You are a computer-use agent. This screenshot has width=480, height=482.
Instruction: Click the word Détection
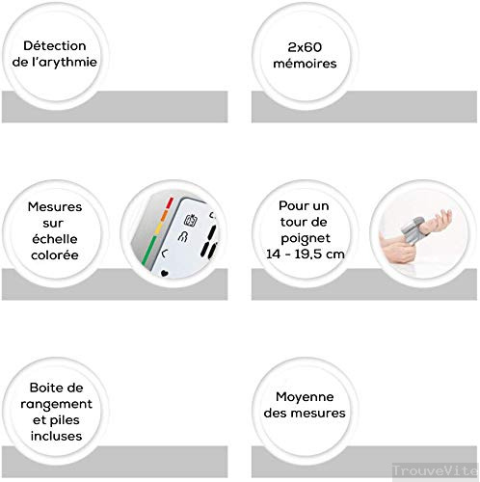click(55, 45)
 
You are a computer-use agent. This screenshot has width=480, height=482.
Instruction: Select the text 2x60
click(305, 47)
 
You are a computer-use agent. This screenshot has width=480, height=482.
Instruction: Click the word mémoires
click(305, 64)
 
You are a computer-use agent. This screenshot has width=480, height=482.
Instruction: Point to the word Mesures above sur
click(55, 206)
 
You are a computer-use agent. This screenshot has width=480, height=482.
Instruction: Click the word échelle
click(55, 239)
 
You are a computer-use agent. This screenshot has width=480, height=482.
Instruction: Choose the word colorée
click(55, 255)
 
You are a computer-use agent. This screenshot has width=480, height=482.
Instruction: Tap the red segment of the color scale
click(170, 203)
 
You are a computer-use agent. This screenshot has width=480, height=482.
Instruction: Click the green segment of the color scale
click(149, 251)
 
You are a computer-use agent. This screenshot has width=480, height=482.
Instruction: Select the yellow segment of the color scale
click(157, 228)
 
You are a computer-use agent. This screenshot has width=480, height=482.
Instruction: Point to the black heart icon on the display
click(164, 274)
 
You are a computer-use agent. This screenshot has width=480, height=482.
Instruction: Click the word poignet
click(306, 238)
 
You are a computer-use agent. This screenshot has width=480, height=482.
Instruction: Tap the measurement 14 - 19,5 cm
click(306, 254)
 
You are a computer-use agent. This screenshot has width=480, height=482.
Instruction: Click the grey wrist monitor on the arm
click(412, 231)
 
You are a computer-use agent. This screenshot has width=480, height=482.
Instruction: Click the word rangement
click(56, 404)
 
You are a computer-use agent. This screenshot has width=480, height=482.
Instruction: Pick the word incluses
click(56, 436)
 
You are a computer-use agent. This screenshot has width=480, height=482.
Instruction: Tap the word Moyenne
click(305, 397)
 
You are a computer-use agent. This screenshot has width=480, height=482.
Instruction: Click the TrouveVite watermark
click(435, 470)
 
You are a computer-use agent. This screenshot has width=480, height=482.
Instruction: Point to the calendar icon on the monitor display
click(191, 220)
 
